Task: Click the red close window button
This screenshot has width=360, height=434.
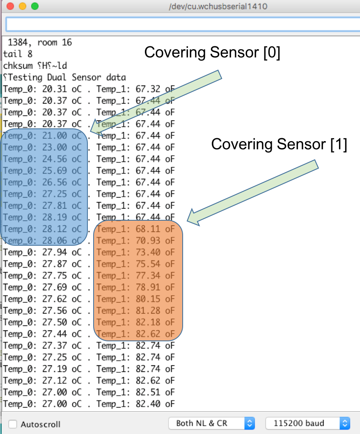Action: point(10,7)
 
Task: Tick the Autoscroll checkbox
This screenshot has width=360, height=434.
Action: point(13,424)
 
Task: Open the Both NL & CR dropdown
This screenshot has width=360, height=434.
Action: point(211,423)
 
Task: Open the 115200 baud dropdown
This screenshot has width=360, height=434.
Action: point(308,423)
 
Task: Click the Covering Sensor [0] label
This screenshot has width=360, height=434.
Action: point(212,53)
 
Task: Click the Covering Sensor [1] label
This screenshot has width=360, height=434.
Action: point(279,144)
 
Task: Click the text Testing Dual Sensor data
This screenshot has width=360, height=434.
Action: point(66,77)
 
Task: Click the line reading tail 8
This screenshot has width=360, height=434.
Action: point(18,54)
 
